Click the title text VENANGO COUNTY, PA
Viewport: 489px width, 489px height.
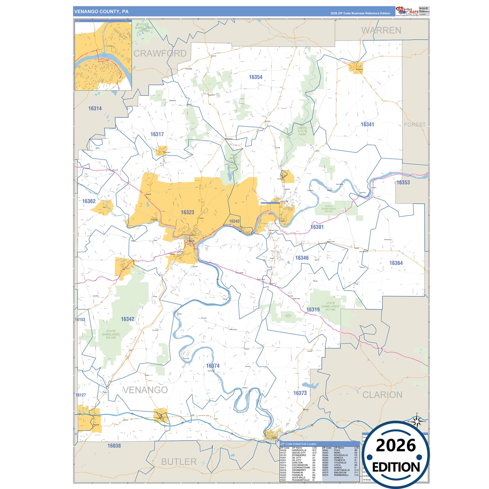(101, 12)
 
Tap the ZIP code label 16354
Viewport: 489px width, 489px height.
(255, 77)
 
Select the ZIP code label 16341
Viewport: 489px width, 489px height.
(367, 125)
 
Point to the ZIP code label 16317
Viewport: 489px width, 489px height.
(157, 134)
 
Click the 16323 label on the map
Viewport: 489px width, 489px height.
(187, 212)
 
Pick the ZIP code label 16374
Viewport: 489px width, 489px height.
(213, 366)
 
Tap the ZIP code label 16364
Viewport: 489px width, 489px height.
(396, 263)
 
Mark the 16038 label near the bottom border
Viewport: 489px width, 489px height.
(114, 446)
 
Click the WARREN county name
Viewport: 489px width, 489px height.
(381, 30)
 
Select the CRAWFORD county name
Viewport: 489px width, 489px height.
(160, 53)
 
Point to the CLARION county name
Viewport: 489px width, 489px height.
(382, 395)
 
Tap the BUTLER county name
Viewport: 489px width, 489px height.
(179, 462)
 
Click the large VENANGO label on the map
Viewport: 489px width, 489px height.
(145, 390)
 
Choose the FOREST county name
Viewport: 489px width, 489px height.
(415, 125)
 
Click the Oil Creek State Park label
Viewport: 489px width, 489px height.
(302, 130)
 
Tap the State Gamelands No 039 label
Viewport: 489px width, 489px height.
(111, 334)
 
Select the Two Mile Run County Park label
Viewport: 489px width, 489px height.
(233, 161)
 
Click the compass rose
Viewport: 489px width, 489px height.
(417, 421)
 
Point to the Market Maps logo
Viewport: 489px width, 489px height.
(407, 11)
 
